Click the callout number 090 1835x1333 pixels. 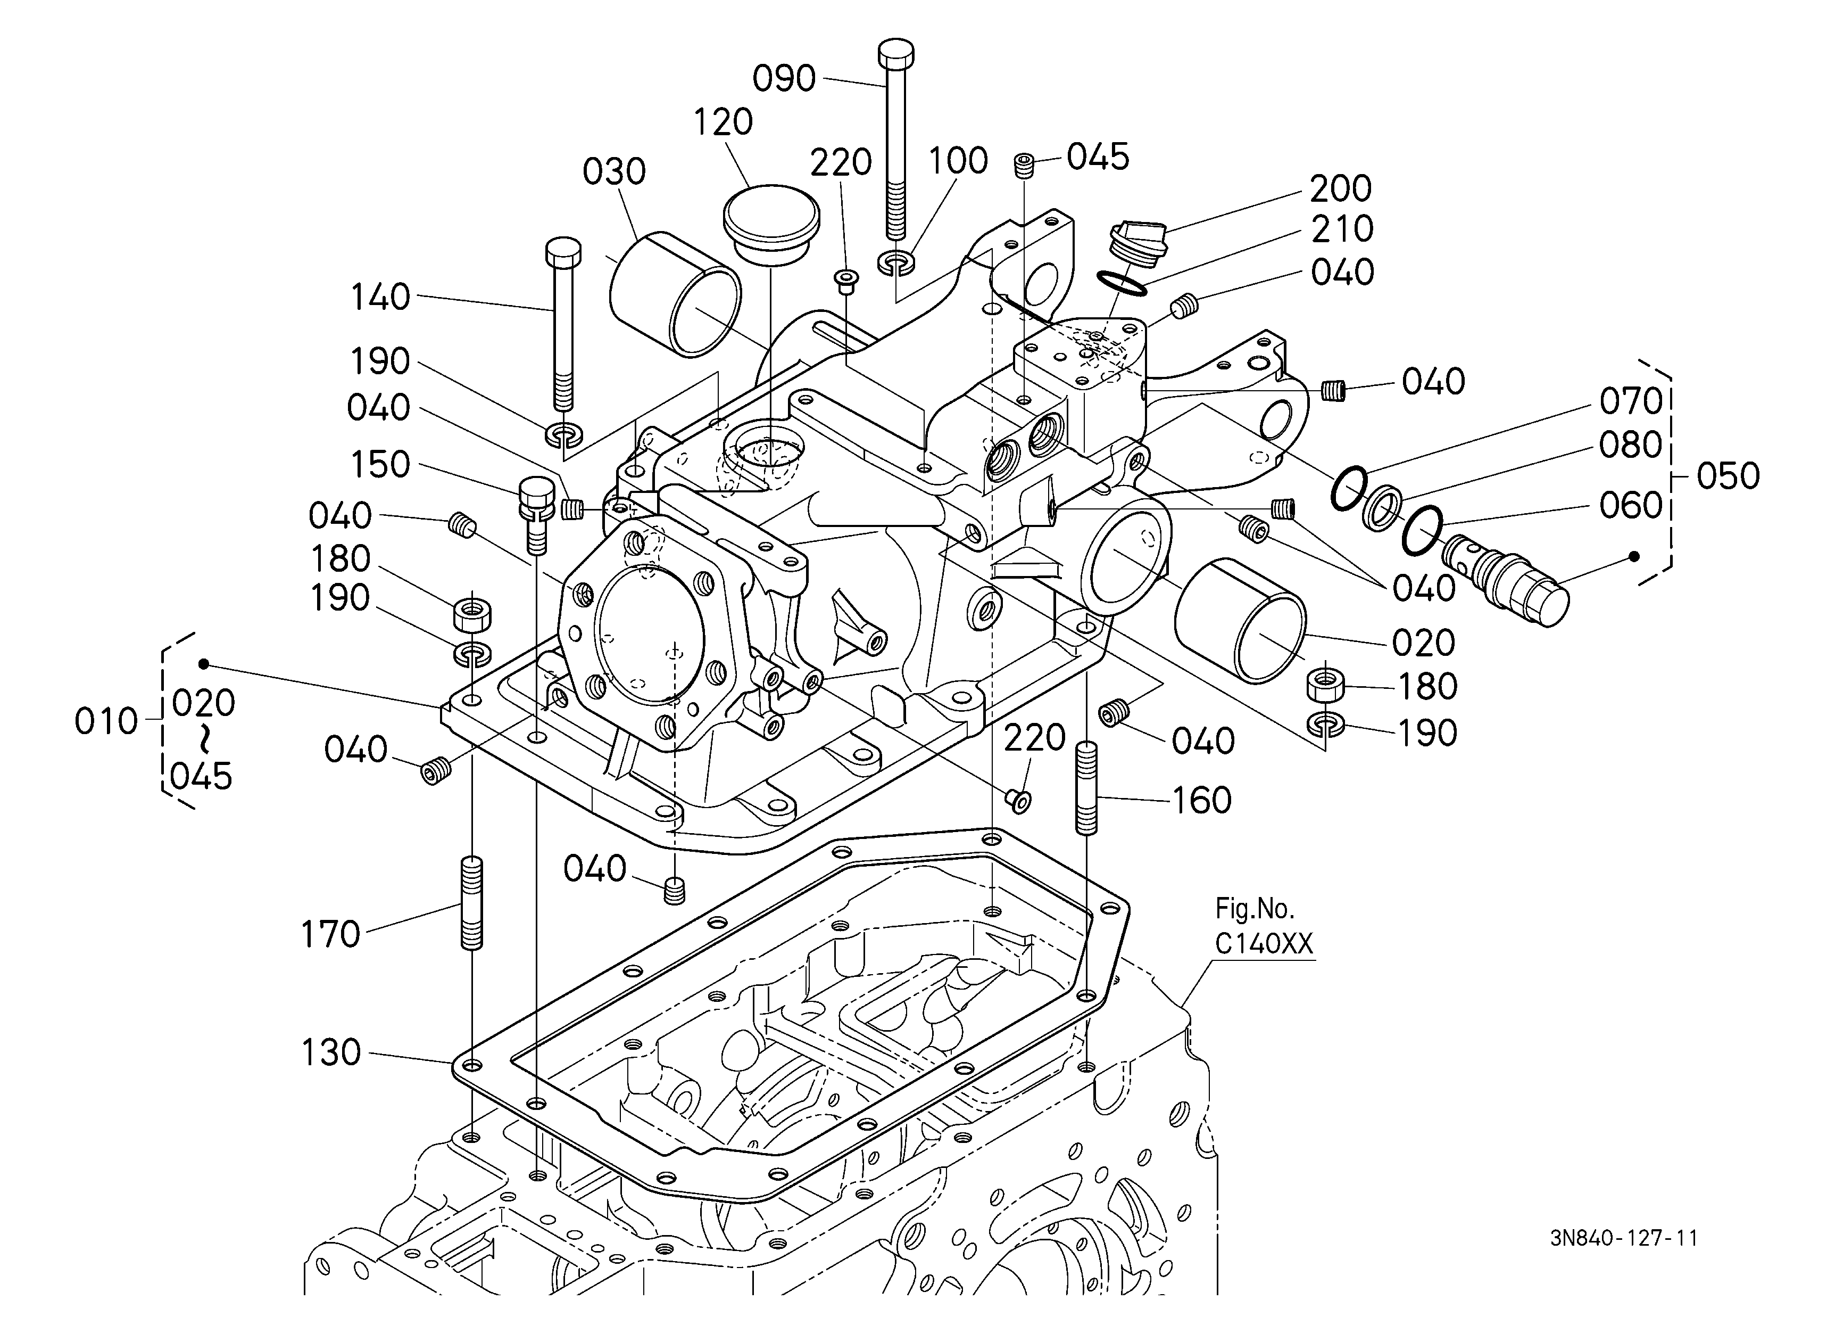(x=784, y=78)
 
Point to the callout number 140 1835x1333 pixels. (x=380, y=298)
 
